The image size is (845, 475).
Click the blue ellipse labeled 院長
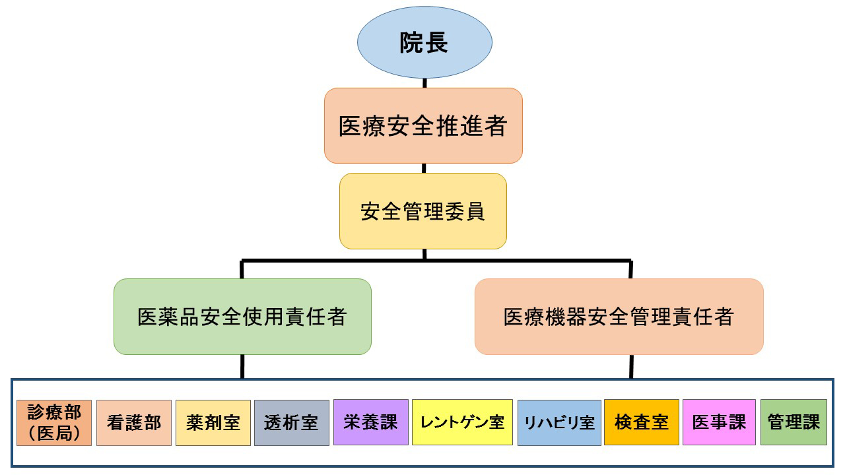(x=424, y=43)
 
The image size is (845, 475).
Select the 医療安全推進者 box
(x=423, y=125)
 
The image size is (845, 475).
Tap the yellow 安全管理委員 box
(x=423, y=211)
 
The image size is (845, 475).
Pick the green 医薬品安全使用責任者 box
(x=242, y=317)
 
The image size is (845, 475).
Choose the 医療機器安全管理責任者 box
(x=619, y=317)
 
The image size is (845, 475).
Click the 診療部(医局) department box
(x=54, y=422)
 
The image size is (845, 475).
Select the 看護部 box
(x=134, y=422)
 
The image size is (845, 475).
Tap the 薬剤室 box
(x=213, y=422)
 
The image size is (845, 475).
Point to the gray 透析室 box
(x=291, y=422)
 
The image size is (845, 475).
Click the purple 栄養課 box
(x=370, y=422)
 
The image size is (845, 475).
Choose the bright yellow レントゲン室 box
(x=462, y=422)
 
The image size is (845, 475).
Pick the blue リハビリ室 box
(x=559, y=422)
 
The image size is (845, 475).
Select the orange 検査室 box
(x=641, y=422)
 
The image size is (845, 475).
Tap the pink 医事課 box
(x=718, y=422)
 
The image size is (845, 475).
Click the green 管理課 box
(x=794, y=422)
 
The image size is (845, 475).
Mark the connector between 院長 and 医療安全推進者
(x=424, y=82)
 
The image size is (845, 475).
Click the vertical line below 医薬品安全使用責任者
(x=242, y=366)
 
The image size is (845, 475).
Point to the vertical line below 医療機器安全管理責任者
(x=631, y=366)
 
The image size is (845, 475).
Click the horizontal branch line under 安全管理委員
(x=330, y=260)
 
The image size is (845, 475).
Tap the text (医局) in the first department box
(x=54, y=433)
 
